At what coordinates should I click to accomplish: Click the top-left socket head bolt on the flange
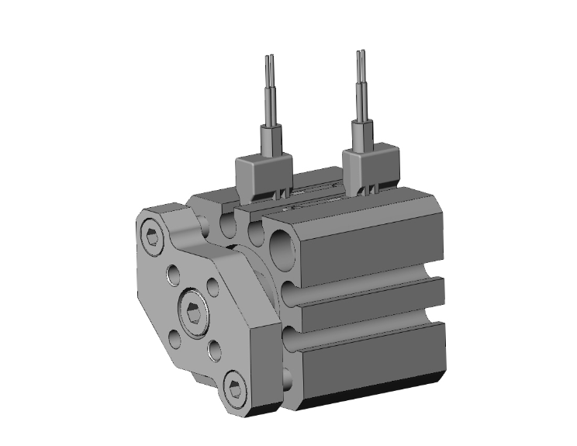(152, 236)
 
